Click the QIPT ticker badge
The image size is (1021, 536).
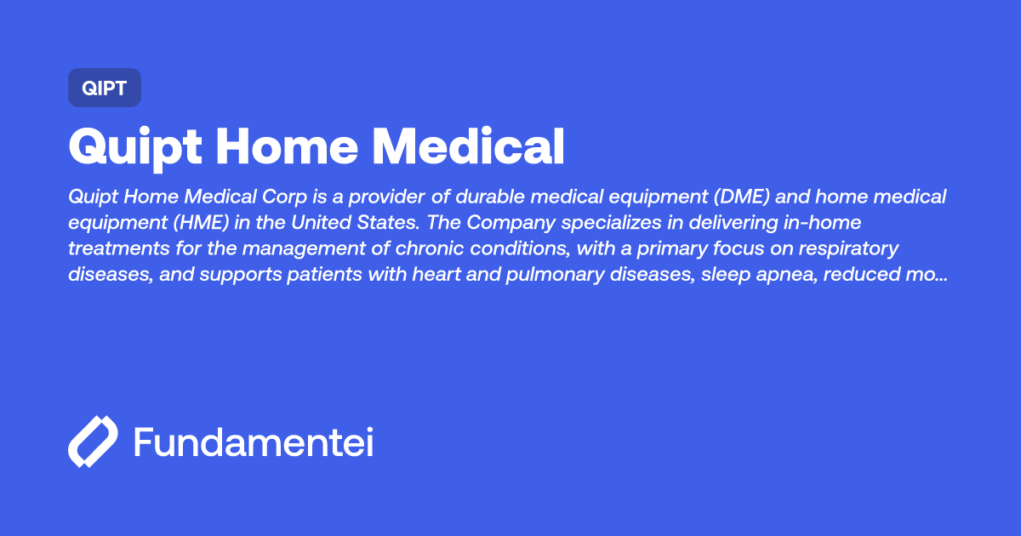[104, 88]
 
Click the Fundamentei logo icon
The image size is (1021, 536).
[92, 442]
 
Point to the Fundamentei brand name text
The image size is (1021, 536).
[254, 442]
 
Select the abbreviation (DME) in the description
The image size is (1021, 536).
[735, 197]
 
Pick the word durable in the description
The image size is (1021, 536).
[489, 197]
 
